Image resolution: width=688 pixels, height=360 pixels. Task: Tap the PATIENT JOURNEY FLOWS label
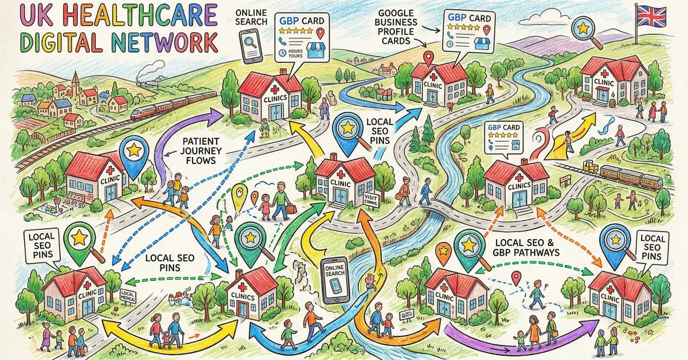tap(198, 151)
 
